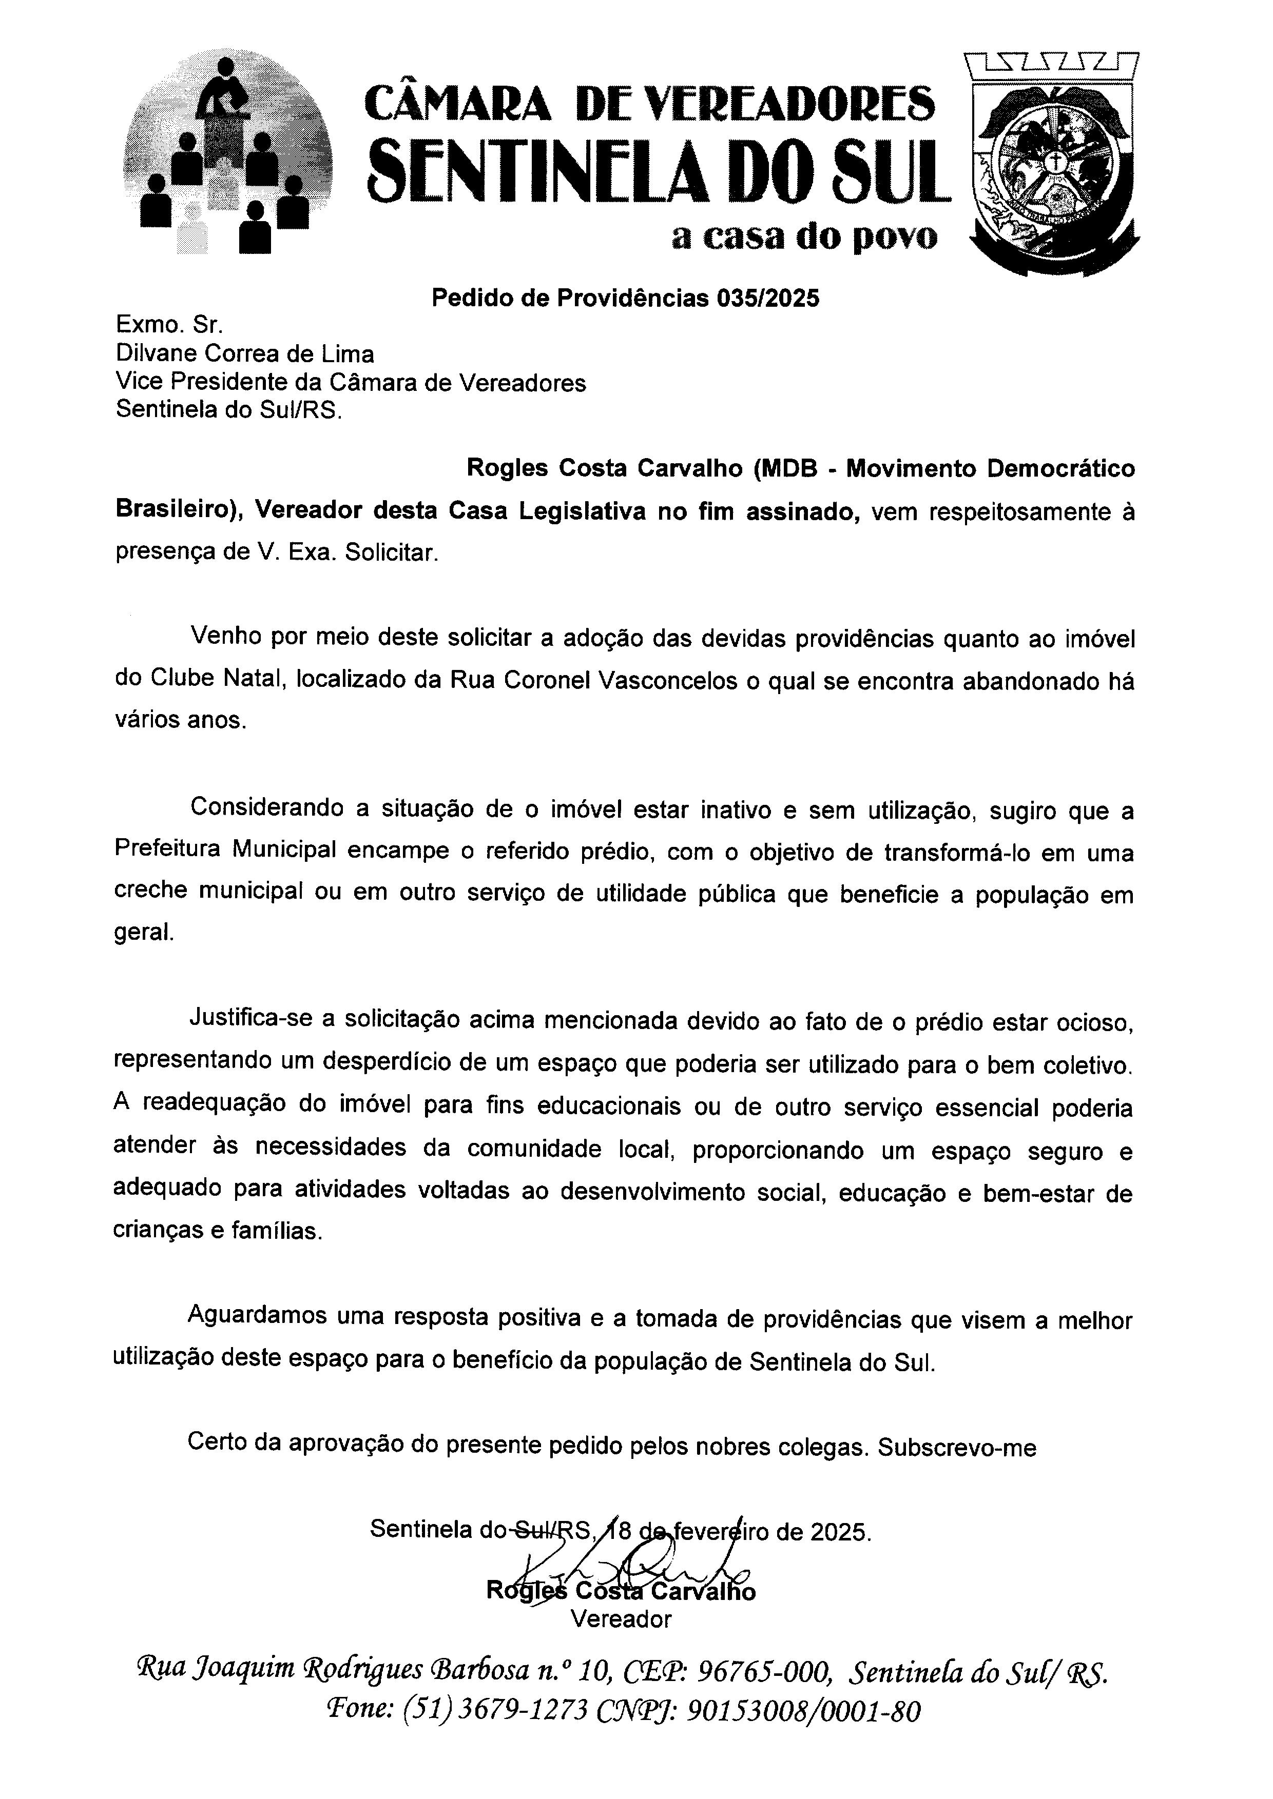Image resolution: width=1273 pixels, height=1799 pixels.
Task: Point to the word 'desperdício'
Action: point(369,1064)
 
